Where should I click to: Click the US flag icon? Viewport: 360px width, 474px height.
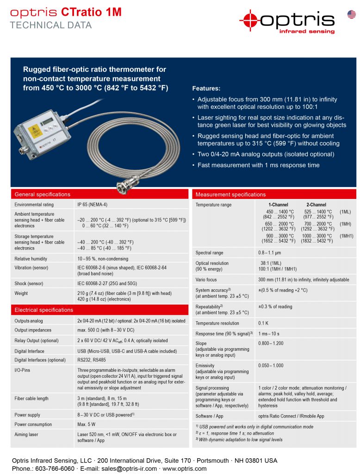(352, 14)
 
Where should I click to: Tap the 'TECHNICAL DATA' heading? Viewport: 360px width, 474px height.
(51, 25)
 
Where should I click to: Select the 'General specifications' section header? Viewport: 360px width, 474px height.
(43, 194)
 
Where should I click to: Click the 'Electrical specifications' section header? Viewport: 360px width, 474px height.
(44, 310)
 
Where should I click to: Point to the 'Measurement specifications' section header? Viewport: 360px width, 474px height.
(230, 194)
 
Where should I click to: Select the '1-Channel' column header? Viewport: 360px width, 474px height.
(278, 205)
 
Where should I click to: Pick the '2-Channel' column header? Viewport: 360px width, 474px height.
(316, 205)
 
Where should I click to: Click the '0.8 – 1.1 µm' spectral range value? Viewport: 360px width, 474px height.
(269, 253)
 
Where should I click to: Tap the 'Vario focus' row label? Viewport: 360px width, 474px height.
(206, 280)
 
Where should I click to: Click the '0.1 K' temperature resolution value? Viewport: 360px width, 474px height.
(264, 323)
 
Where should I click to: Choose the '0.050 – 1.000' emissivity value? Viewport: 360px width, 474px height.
(271, 366)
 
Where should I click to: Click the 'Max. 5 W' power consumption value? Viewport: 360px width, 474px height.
(87, 424)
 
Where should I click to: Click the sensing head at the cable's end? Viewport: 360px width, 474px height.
(125, 188)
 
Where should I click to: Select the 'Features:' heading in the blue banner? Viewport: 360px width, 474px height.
(206, 88)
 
